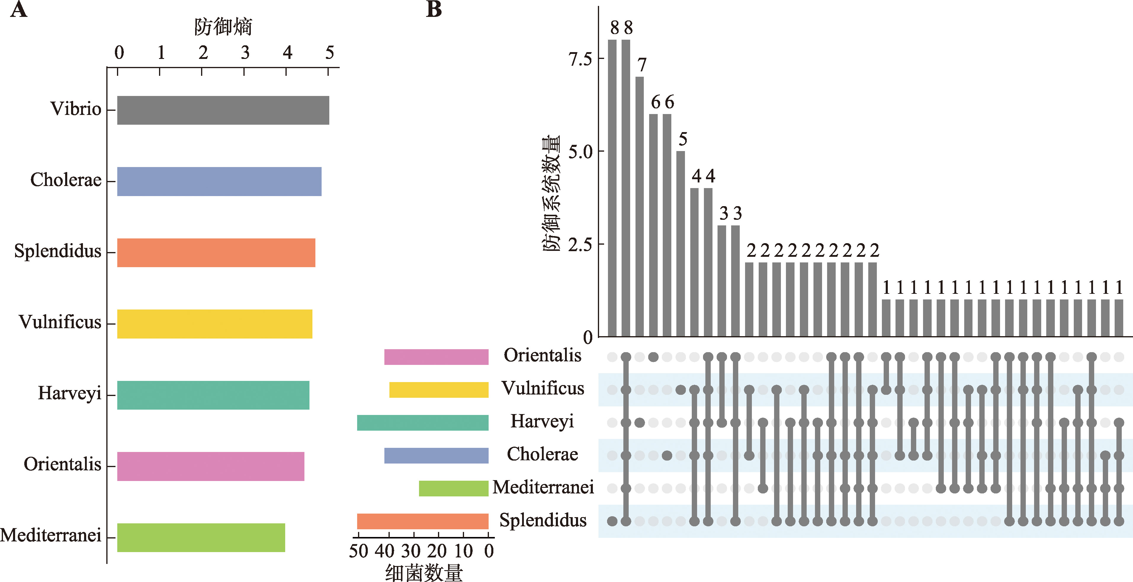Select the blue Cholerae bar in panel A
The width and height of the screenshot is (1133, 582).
pyautogui.click(x=219, y=181)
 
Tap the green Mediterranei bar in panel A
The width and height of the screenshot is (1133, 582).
pyautogui.click(x=201, y=537)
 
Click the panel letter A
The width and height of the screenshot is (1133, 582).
pyautogui.click(x=18, y=10)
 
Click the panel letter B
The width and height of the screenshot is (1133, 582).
pyautogui.click(x=434, y=10)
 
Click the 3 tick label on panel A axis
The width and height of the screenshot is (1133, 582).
pyautogui.click(x=245, y=53)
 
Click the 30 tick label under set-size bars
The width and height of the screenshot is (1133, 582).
pyautogui.click(x=411, y=551)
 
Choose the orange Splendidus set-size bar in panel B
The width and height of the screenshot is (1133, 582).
pyautogui.click(x=423, y=521)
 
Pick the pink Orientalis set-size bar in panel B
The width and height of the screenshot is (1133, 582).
pyautogui.click(x=436, y=357)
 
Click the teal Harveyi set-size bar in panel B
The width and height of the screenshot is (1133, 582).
pyautogui.click(x=423, y=422)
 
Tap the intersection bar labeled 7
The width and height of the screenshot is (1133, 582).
pyautogui.click(x=640, y=207)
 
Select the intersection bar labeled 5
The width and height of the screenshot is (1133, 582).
pyautogui.click(x=681, y=244)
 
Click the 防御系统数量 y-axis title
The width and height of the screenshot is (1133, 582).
pyautogui.click(x=551, y=194)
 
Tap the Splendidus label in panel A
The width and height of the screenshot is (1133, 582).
pyautogui.click(x=58, y=251)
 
